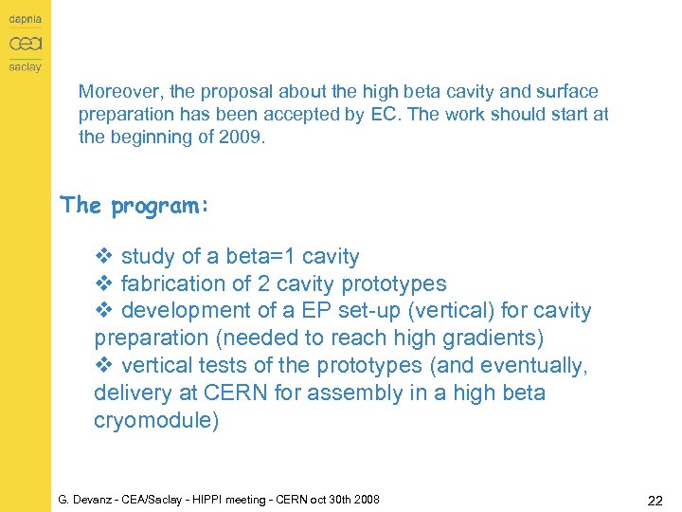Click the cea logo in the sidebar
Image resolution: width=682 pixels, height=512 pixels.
point(25,44)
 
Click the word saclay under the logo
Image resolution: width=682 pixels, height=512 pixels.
point(25,67)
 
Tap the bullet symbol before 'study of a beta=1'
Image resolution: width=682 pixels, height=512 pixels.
point(104,257)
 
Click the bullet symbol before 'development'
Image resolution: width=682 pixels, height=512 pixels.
point(104,311)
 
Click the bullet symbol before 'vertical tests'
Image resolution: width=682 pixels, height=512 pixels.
point(104,366)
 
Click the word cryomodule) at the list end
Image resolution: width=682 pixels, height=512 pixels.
point(156,420)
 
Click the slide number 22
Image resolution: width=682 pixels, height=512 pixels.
point(655,499)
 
